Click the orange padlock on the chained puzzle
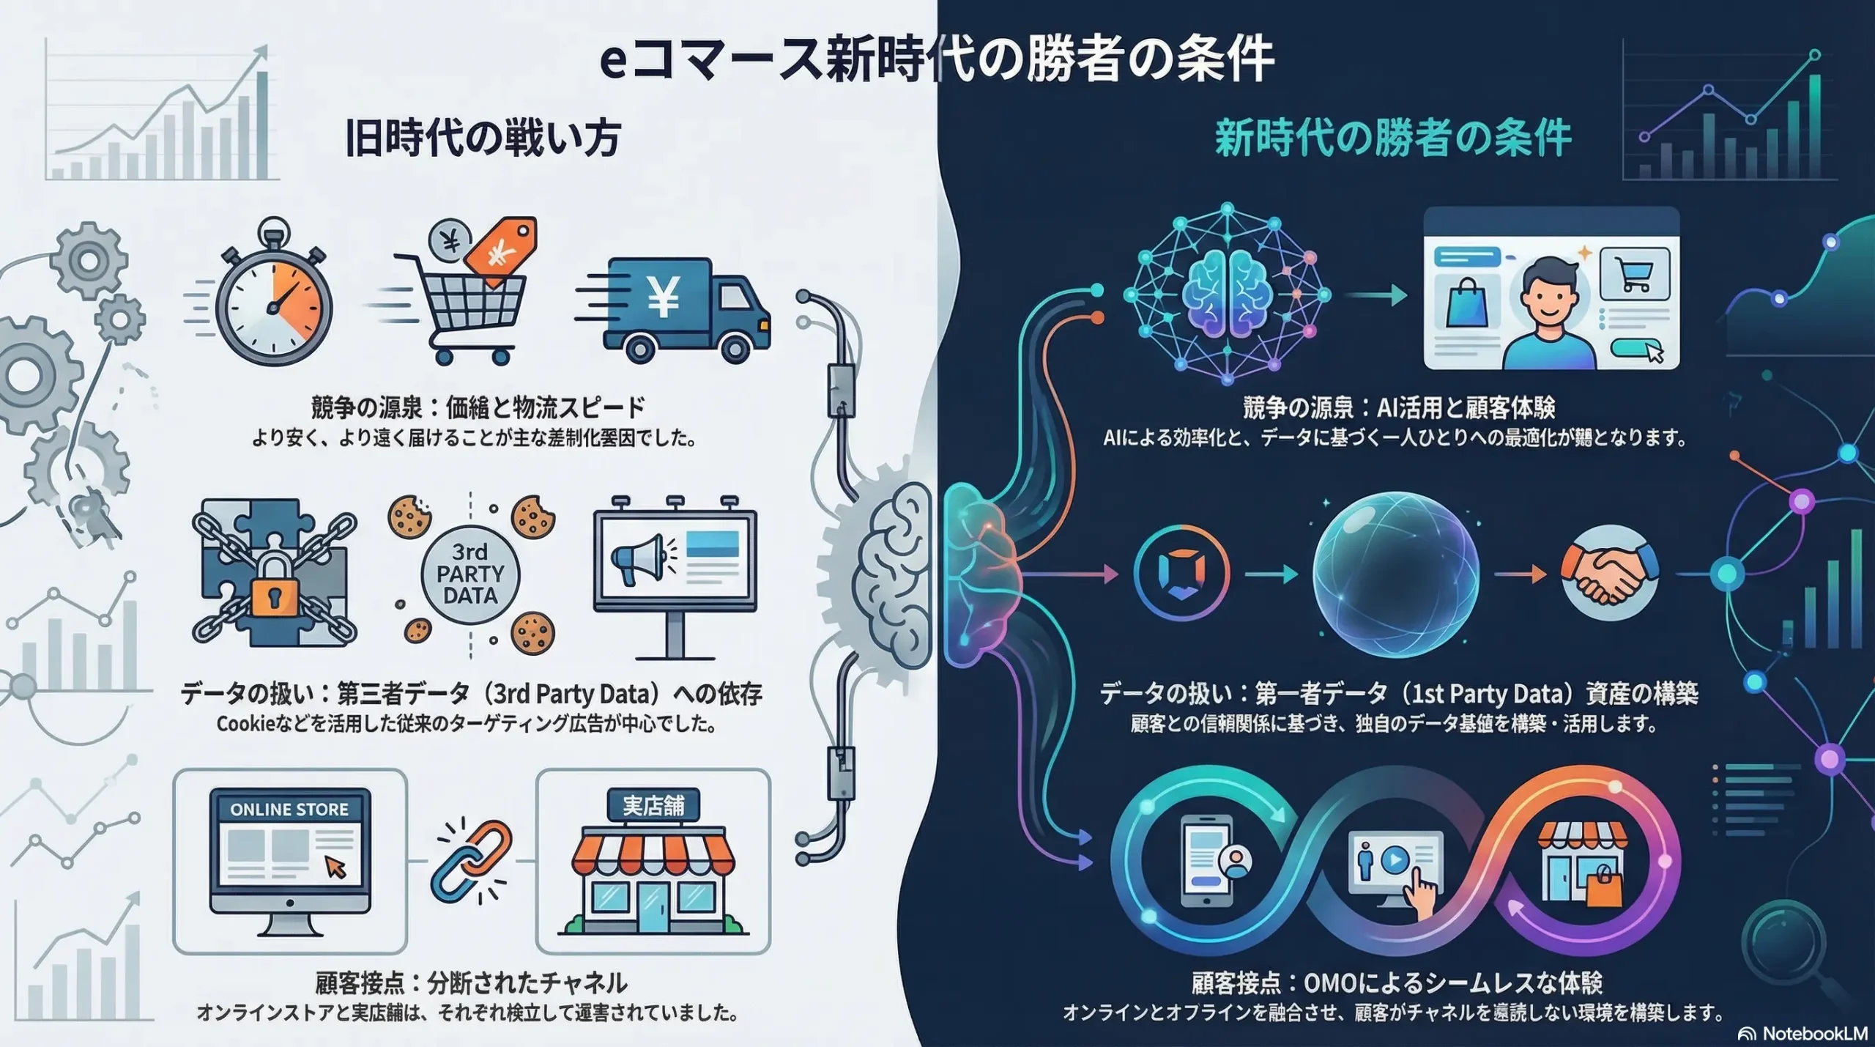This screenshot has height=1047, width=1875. coord(275,593)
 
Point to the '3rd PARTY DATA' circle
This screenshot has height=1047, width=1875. coord(470,574)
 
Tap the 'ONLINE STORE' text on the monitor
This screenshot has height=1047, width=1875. coord(289,810)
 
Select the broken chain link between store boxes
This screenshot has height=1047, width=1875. coord(472,862)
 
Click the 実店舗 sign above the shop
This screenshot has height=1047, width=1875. coord(653,806)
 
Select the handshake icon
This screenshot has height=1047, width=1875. coord(1609,573)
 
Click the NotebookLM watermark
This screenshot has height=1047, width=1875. coord(1802,1033)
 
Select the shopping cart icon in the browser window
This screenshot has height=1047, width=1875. coord(1634,275)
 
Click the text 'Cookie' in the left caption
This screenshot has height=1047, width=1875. coord(245,725)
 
